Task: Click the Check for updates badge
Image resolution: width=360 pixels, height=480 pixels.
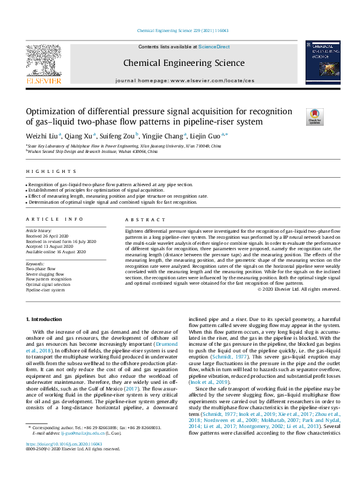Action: tap(314, 115)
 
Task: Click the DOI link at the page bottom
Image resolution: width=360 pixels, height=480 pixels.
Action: tap(64, 460)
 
